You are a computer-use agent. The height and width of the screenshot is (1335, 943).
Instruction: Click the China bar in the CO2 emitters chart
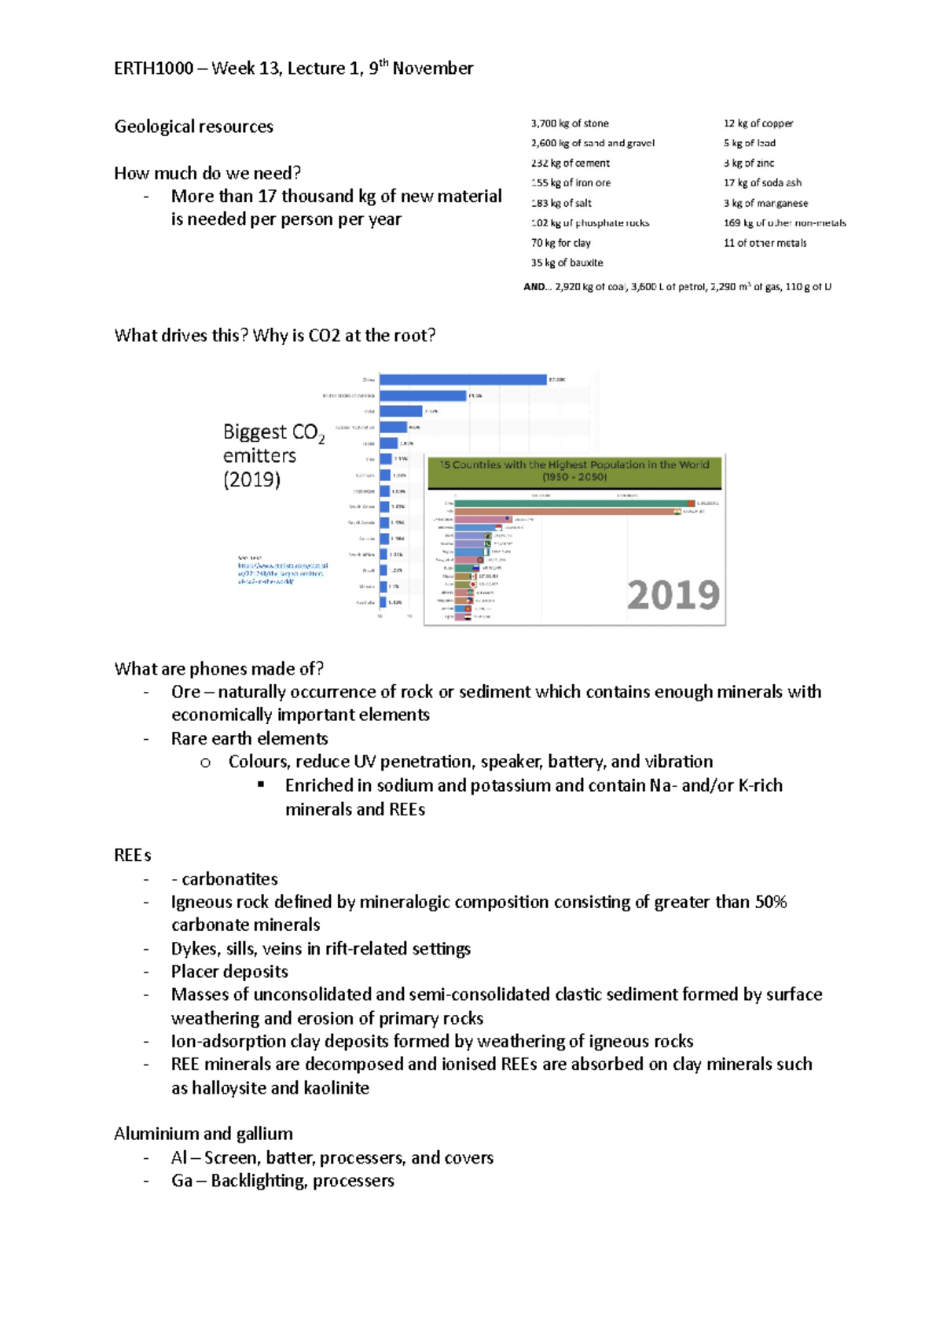463,380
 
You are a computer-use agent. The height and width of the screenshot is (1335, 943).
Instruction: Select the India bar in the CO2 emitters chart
401,411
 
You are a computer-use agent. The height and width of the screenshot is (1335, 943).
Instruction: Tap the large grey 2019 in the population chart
673,595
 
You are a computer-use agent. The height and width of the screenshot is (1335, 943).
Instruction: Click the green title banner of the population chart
574,470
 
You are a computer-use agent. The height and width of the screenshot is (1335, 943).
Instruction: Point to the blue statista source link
281,573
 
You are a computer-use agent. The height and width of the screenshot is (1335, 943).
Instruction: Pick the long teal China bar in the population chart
571,503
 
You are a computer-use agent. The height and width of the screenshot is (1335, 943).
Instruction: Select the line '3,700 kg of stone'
570,123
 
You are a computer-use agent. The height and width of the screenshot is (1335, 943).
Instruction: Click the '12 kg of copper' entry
758,123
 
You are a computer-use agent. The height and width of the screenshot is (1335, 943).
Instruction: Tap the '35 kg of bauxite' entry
567,263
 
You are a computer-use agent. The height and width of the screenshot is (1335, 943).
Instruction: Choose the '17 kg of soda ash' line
762,182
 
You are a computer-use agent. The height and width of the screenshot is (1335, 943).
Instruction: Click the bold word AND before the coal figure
534,287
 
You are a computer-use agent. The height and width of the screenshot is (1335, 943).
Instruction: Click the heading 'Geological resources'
193,127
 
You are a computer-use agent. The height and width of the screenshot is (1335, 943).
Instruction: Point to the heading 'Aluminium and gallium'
203,1134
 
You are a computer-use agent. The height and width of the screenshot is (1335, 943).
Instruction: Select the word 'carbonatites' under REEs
229,879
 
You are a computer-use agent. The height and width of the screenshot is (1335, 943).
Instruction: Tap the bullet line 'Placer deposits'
229,972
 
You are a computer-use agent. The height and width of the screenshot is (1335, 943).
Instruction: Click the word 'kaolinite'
336,1088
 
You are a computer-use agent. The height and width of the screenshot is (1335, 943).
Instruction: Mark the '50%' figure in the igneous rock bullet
770,902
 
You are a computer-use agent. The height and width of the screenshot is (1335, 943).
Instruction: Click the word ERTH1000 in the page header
153,68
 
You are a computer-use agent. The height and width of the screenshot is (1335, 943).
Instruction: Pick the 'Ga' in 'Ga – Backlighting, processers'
181,1181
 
